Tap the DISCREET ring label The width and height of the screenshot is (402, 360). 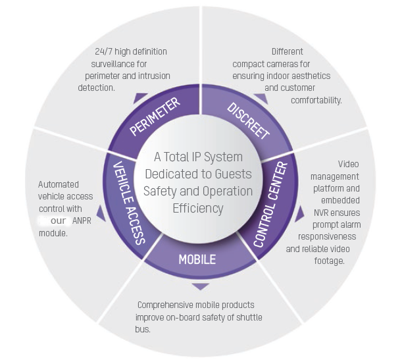point(248,120)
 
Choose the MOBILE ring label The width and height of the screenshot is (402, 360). point(197,259)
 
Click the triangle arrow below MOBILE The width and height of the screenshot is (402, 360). point(201,286)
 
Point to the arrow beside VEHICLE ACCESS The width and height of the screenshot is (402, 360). point(101,213)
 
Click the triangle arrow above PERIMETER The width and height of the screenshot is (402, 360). point(140,98)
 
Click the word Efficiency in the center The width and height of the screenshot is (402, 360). point(198,209)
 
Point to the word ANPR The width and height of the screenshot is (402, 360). point(82,220)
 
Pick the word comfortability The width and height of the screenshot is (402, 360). point(316,99)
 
